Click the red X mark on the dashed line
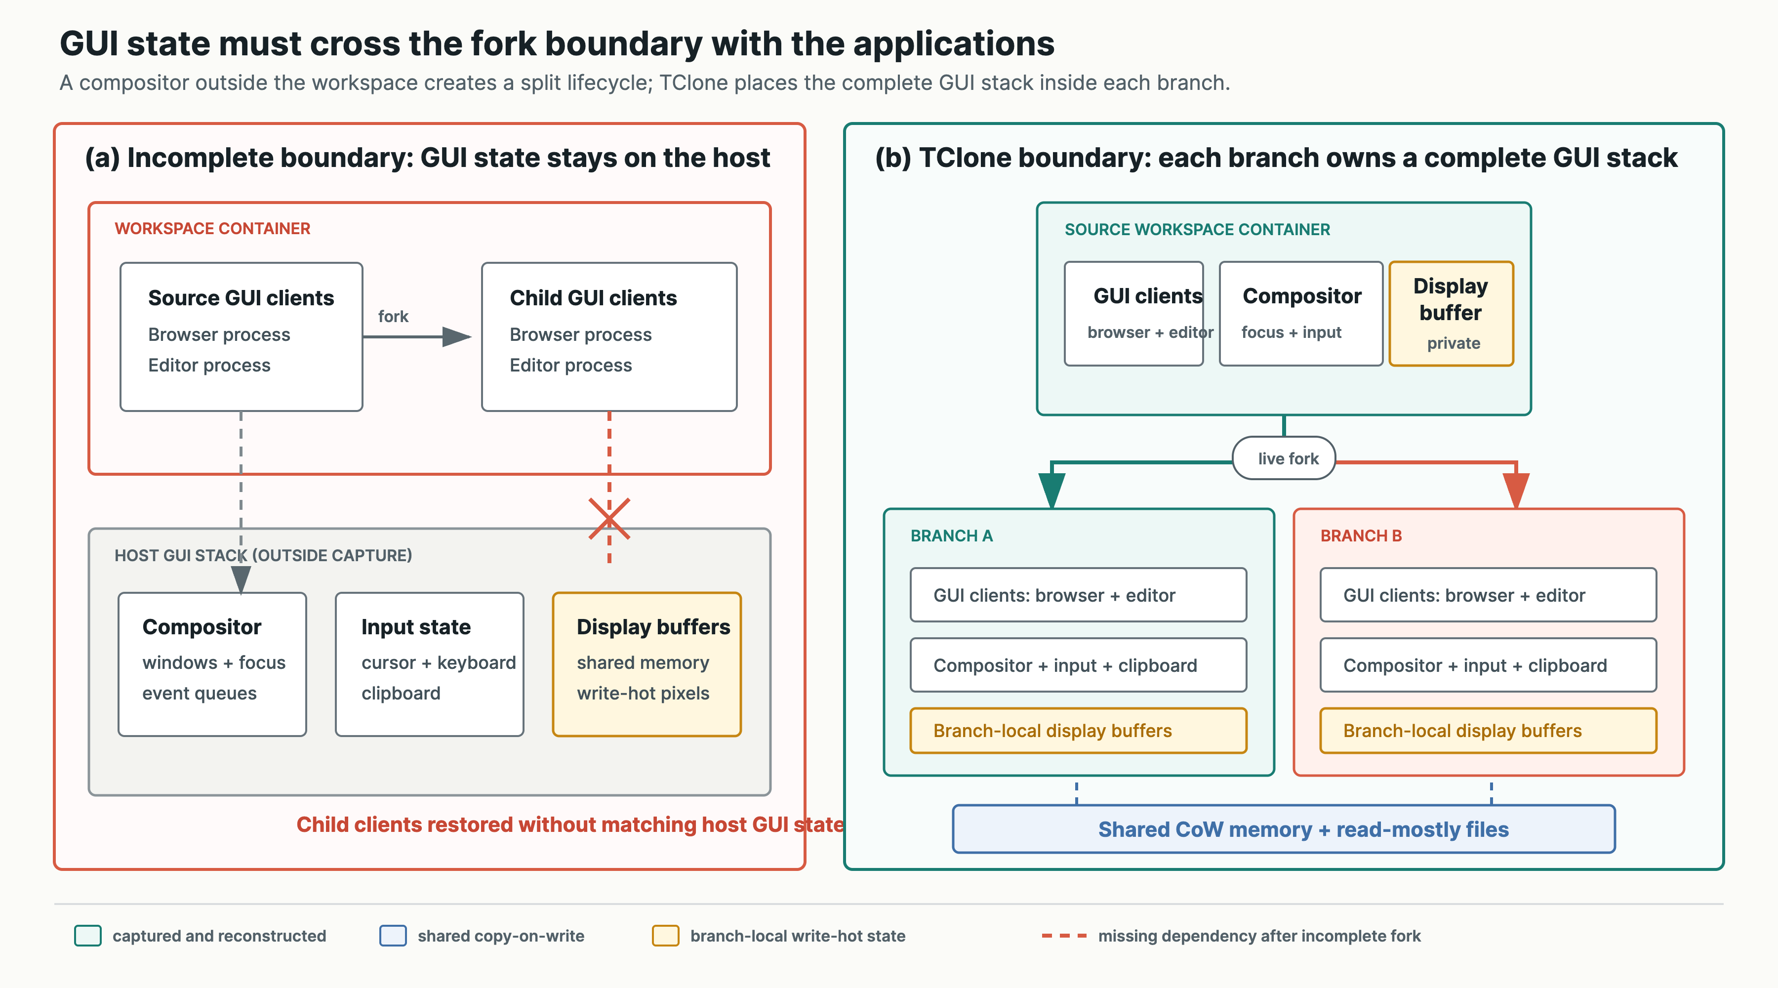609,519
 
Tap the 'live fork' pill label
1284,458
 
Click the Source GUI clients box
241,337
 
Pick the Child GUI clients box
609,337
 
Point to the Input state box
429,664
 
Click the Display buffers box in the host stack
647,664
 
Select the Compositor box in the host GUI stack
212,664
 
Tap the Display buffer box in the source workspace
1451,314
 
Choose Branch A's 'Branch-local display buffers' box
1078,731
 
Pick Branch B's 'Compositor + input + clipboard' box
1488,665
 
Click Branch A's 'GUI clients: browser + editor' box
1078,595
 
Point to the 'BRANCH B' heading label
1361,536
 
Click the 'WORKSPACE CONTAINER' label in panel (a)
212,229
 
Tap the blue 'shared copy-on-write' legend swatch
393,936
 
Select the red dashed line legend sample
1064,936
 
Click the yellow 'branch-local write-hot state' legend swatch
665,936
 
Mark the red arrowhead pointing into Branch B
1516,490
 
